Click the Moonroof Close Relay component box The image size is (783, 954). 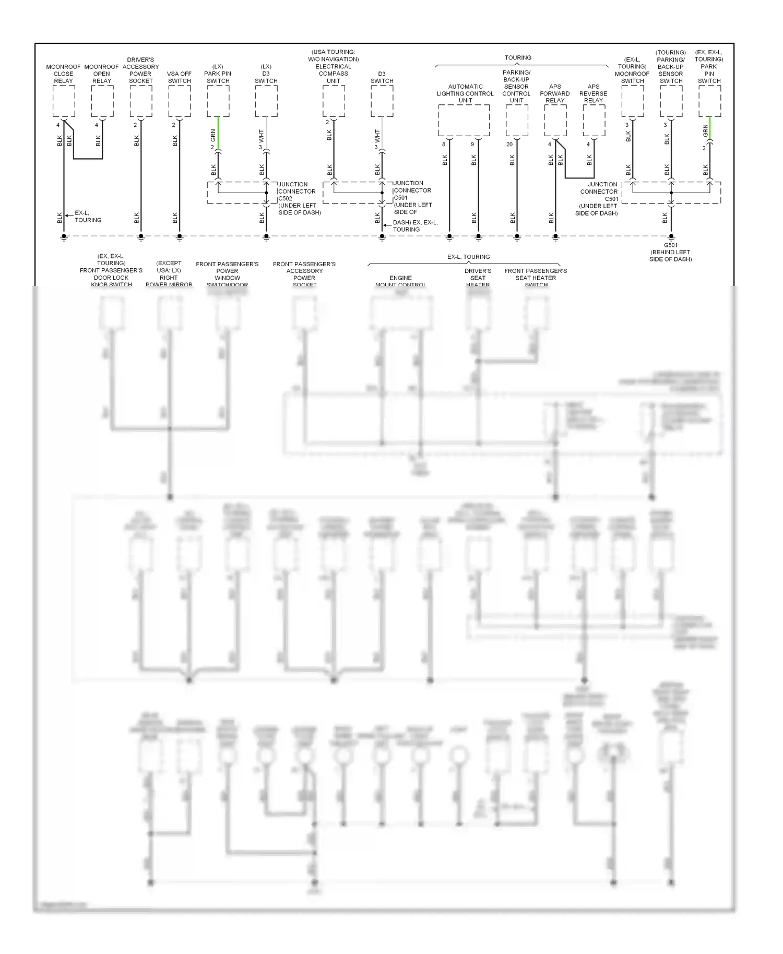(x=64, y=101)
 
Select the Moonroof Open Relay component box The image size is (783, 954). (x=102, y=101)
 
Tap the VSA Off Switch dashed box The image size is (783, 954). (x=180, y=101)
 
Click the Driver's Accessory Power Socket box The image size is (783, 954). (x=141, y=101)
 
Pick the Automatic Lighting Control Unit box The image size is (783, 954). (x=464, y=120)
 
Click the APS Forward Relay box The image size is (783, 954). (x=555, y=120)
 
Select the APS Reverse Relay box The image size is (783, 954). (x=594, y=120)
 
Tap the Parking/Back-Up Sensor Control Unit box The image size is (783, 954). (x=517, y=120)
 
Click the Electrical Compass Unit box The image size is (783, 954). (x=334, y=101)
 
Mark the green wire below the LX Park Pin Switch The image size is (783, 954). (x=218, y=133)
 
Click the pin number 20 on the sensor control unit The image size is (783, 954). (x=509, y=145)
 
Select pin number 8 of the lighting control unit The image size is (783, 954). (x=444, y=145)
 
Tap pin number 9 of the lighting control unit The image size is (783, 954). (x=472, y=145)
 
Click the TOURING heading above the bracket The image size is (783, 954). (x=518, y=58)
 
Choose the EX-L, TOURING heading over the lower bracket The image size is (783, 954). (x=468, y=257)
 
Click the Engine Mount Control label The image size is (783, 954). (x=400, y=281)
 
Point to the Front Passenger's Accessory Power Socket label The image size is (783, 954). (x=304, y=274)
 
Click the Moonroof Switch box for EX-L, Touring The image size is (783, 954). (x=633, y=101)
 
